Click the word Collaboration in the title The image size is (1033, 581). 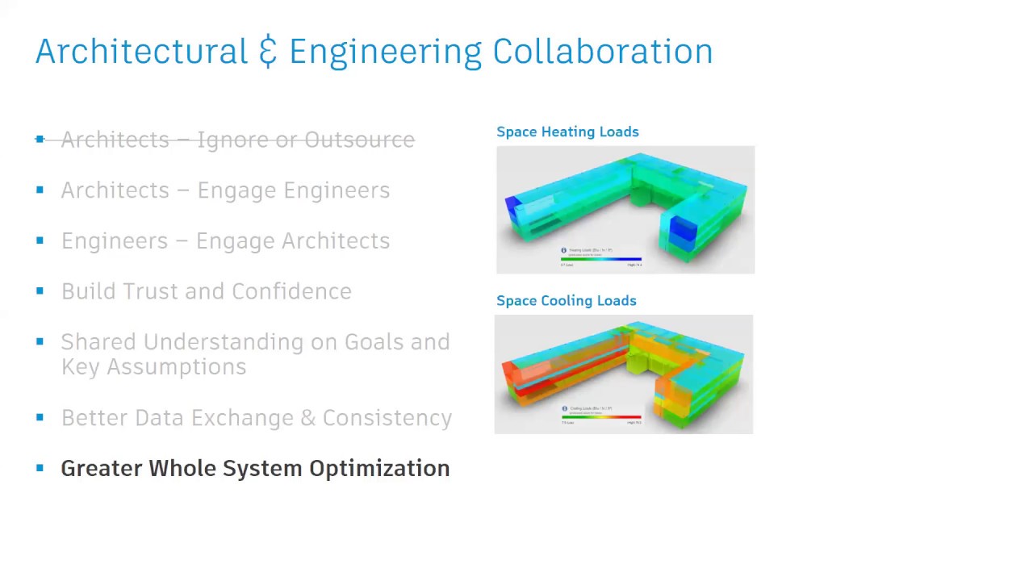click(x=602, y=52)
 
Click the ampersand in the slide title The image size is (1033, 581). click(x=268, y=52)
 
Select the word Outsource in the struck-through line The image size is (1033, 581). click(x=359, y=140)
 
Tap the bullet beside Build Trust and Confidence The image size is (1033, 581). click(x=40, y=290)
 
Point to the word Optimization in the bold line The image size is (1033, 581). click(x=379, y=469)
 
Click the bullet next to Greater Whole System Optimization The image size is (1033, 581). click(x=40, y=468)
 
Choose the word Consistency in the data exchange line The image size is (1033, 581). click(x=387, y=418)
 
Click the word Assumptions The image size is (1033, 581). click(x=177, y=367)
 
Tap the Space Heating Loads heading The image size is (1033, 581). click(x=567, y=132)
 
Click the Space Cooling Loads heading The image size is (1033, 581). click(x=566, y=300)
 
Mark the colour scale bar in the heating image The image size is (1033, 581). click(x=601, y=259)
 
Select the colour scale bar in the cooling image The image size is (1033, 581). click(x=601, y=417)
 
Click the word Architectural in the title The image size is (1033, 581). click(x=141, y=52)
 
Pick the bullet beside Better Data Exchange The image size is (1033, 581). click(x=40, y=417)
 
